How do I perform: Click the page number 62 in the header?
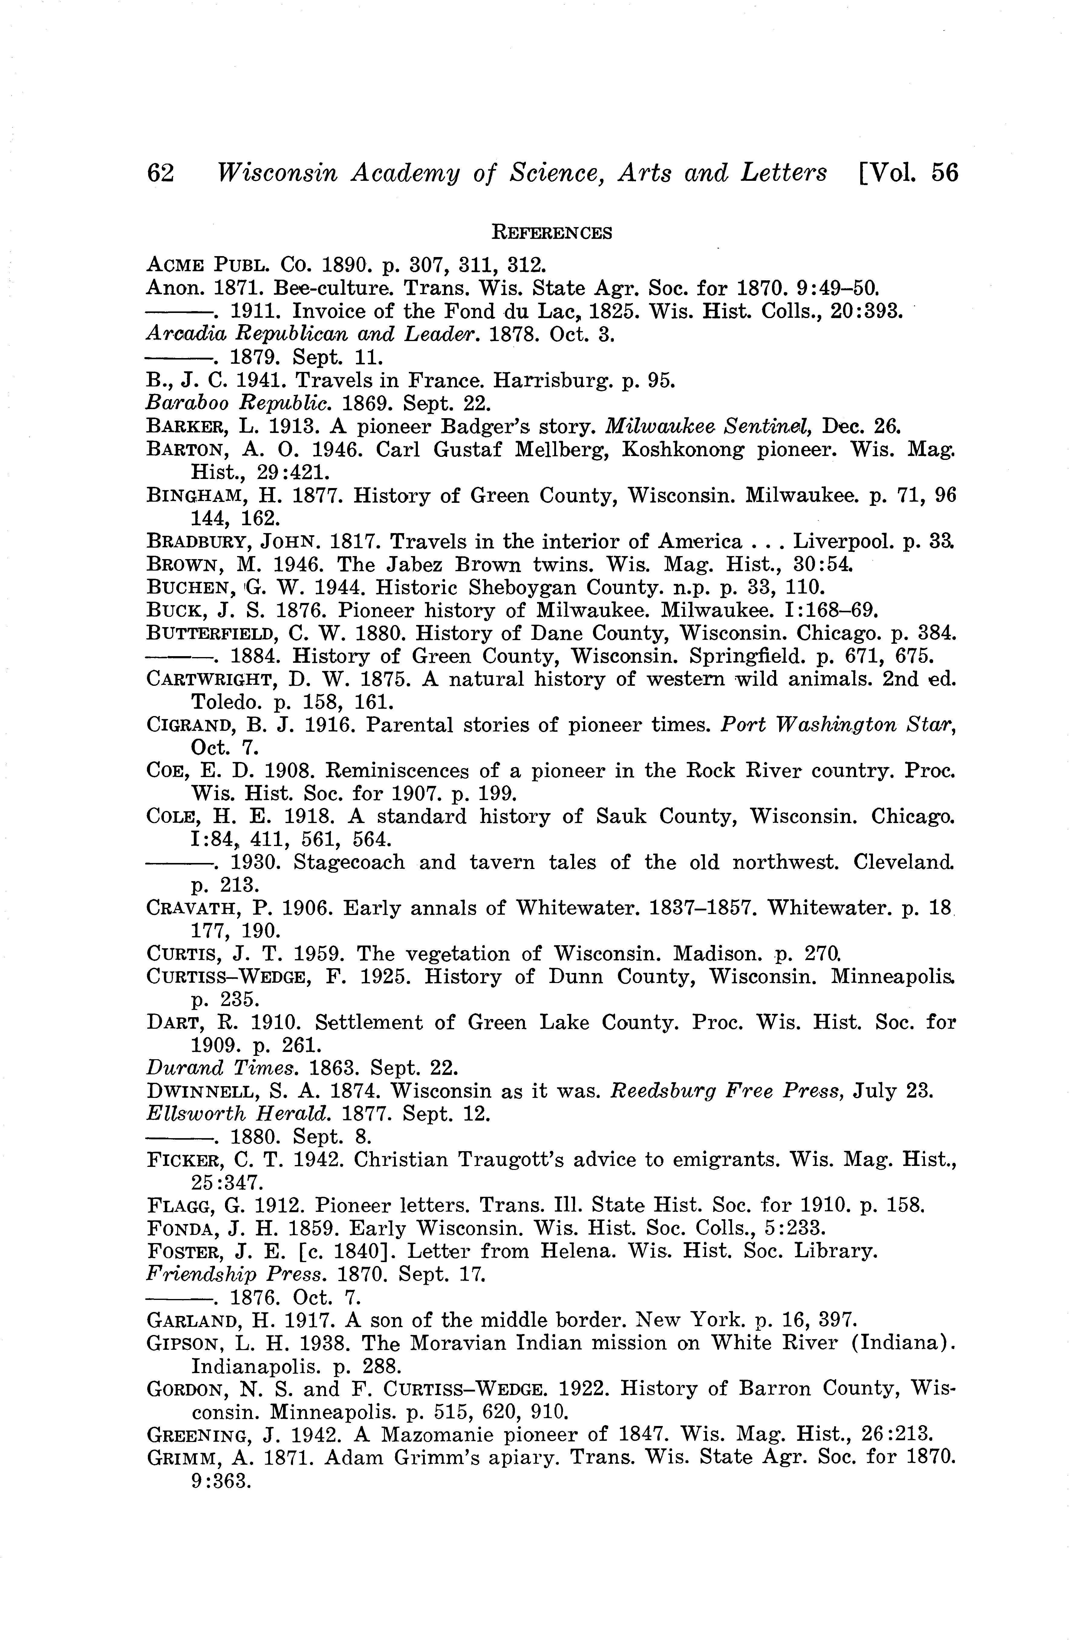coord(160,173)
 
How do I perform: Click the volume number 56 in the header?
coord(945,173)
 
